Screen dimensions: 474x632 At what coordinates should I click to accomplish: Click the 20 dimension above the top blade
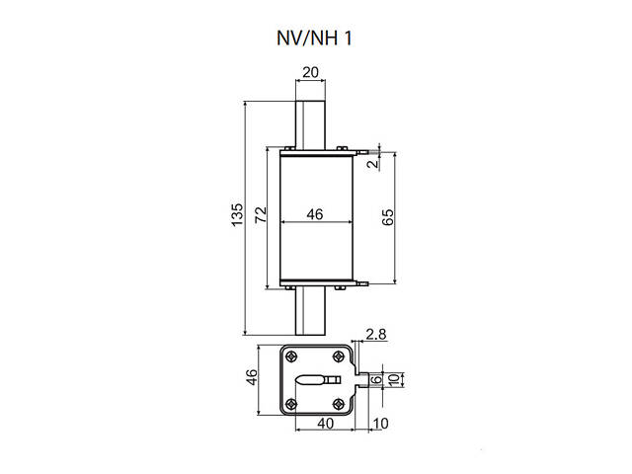310,72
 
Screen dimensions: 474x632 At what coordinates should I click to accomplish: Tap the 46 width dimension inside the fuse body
315,213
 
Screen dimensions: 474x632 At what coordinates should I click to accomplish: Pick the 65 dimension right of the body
387,218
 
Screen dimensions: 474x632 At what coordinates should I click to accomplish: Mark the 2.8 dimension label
375,336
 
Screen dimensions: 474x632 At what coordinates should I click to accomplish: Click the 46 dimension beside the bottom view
252,378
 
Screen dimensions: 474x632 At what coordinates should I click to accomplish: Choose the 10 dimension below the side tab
382,424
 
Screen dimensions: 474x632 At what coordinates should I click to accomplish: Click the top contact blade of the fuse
311,122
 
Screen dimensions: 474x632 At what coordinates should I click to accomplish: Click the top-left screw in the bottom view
290,356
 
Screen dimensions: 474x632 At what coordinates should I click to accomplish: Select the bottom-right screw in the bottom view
339,403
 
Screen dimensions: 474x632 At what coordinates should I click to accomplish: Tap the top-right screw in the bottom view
339,356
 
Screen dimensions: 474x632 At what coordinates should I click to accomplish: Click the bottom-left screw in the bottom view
290,403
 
